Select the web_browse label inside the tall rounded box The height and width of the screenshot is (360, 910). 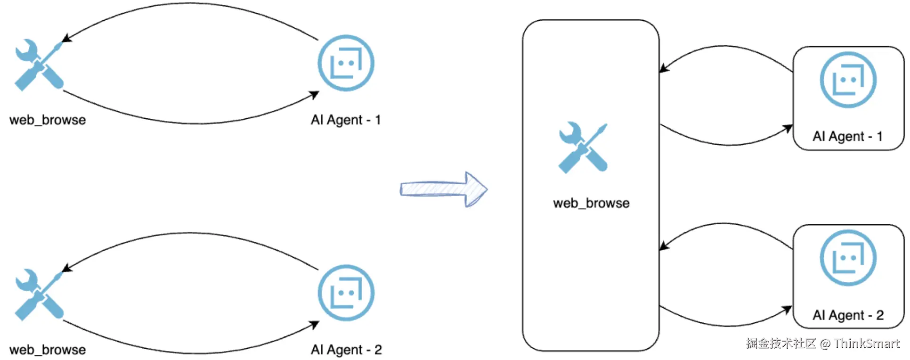(591, 203)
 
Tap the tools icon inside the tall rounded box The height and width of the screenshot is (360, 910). (583, 147)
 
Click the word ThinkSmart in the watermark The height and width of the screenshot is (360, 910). (867, 344)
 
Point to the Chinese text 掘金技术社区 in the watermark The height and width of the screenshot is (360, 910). (780, 344)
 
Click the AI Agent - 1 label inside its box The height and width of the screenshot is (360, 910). (847, 137)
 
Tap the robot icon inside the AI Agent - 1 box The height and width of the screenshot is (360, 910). (848, 80)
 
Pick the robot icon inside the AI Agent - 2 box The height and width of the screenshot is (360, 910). (848, 258)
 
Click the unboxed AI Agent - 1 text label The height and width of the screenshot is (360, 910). (346, 120)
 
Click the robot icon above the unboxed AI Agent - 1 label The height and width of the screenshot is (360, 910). (346, 63)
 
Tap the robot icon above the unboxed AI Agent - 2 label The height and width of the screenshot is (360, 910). (346, 293)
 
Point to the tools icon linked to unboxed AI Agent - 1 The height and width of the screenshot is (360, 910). (39, 65)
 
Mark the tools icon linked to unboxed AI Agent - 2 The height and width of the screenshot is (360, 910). (39, 295)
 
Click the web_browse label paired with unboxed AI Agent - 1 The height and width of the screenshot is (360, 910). (48, 120)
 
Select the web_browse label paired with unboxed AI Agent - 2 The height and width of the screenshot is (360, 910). (48, 350)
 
